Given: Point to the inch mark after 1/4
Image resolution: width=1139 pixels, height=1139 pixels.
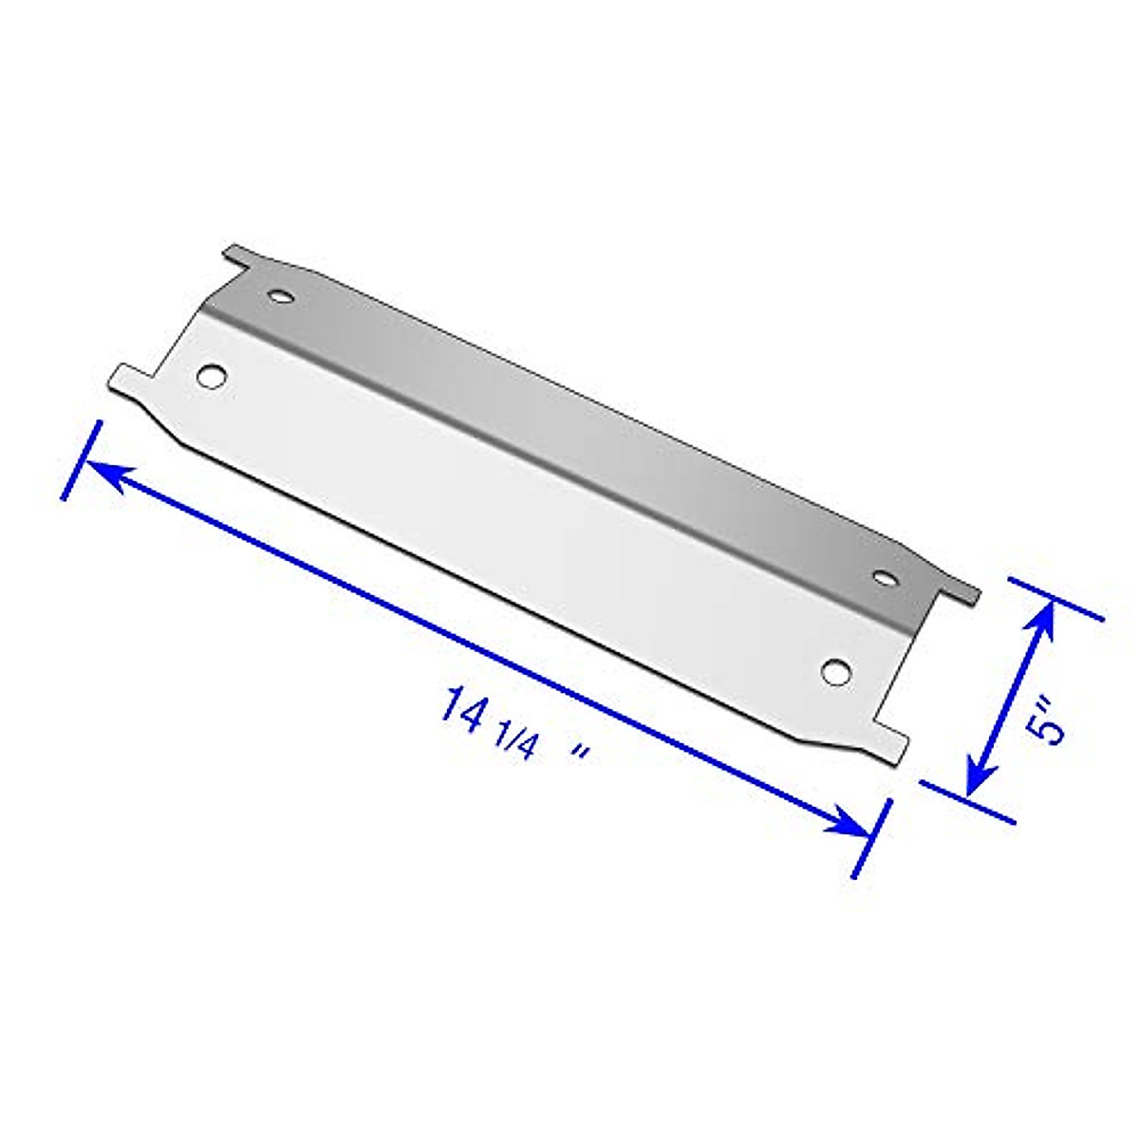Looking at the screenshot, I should coord(581,752).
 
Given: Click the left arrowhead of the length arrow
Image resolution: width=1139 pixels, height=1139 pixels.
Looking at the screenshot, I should coord(103,473).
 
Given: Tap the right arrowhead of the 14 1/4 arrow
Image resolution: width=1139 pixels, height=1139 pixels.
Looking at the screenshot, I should coord(850,822).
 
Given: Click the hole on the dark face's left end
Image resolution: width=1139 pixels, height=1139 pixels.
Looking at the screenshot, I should coord(280,297).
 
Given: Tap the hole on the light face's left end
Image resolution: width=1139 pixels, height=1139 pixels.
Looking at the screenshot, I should coord(213,375).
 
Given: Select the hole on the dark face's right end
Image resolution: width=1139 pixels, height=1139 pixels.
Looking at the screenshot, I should coord(886,577).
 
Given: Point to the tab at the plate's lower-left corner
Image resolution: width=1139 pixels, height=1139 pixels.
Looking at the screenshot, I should coord(131,377).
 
